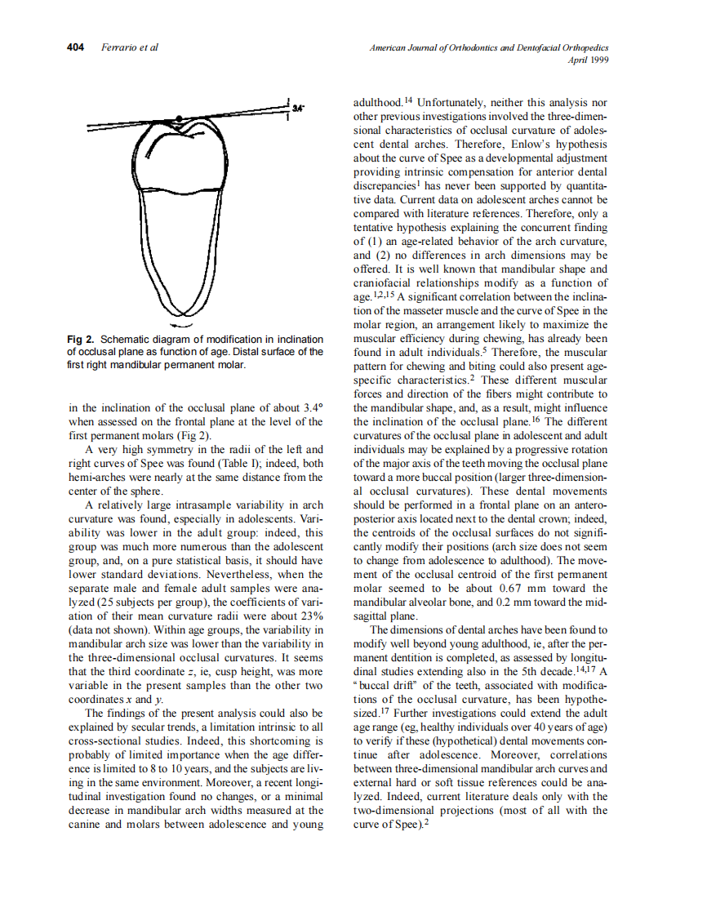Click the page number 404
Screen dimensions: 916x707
tap(75, 47)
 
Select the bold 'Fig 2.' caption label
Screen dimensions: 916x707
tap(82, 339)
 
